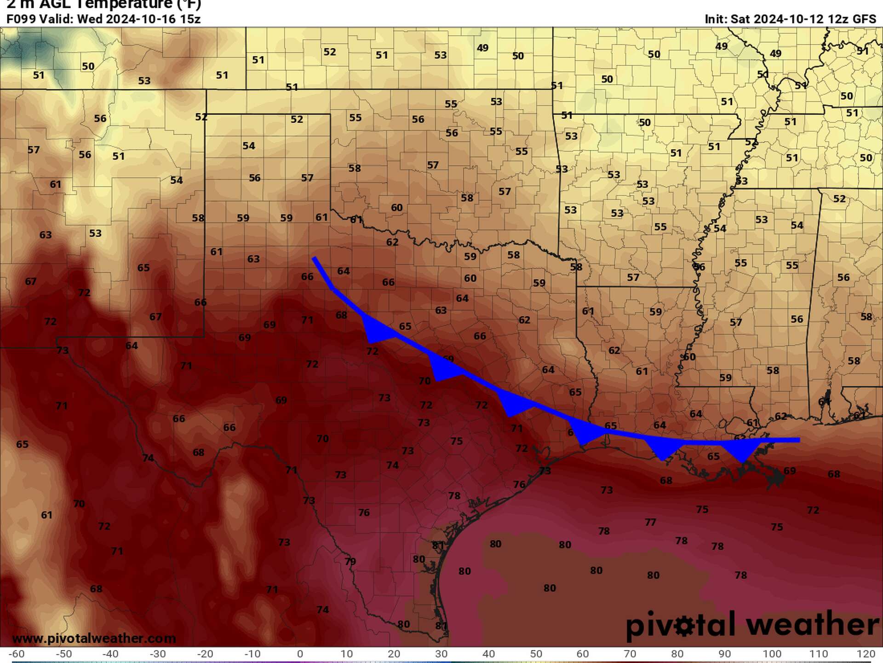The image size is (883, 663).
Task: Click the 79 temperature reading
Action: (x=350, y=561)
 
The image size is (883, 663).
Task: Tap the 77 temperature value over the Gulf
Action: (x=650, y=522)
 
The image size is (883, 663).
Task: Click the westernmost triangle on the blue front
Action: (x=377, y=330)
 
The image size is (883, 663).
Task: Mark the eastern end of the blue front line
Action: (x=798, y=440)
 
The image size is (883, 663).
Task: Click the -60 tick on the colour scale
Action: (x=17, y=654)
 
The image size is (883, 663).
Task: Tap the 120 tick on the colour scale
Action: (x=866, y=654)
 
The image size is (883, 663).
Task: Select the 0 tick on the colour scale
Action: (x=300, y=654)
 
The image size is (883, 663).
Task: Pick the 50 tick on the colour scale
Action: (x=536, y=654)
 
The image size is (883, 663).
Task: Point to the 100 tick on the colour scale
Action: (x=772, y=654)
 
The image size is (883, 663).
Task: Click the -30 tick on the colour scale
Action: (x=158, y=654)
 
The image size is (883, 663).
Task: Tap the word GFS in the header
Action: (x=864, y=19)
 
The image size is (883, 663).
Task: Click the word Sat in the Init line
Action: (x=740, y=19)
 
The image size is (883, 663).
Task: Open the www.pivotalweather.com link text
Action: (x=94, y=639)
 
